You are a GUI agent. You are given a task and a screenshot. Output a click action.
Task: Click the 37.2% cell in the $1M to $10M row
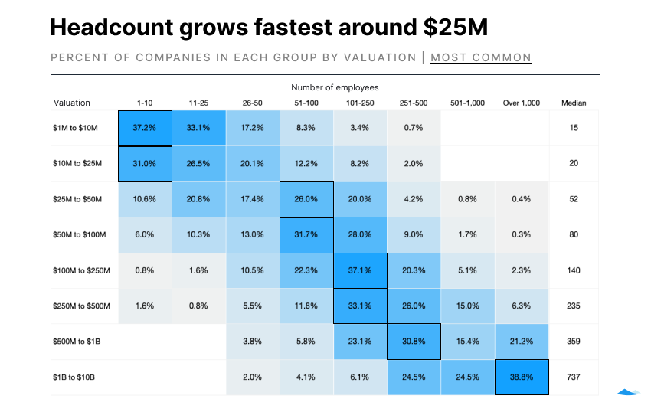click(x=145, y=128)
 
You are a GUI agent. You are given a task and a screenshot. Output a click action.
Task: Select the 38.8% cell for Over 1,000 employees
click(x=521, y=377)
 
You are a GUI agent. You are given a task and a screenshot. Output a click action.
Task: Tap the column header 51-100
click(x=306, y=103)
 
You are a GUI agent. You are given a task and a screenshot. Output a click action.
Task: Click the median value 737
click(x=574, y=377)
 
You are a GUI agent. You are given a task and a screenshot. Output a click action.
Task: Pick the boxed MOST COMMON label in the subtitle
click(x=480, y=57)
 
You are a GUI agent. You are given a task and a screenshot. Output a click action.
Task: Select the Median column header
click(x=574, y=103)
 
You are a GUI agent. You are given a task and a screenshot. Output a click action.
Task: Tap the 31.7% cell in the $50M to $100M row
click(x=306, y=235)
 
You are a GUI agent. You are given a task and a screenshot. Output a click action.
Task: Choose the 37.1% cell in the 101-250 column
click(x=360, y=270)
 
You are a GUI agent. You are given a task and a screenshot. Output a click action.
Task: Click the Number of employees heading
click(x=335, y=88)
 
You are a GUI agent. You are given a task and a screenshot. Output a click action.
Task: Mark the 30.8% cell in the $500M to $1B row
click(x=414, y=342)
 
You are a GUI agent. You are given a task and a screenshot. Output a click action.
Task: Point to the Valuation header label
click(x=72, y=103)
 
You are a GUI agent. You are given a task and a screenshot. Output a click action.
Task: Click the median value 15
click(x=574, y=128)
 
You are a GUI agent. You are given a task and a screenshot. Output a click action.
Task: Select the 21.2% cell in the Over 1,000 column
click(x=521, y=342)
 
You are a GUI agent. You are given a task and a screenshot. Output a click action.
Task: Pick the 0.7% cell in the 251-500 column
click(x=414, y=128)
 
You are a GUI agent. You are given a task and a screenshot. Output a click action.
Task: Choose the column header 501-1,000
click(x=467, y=103)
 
